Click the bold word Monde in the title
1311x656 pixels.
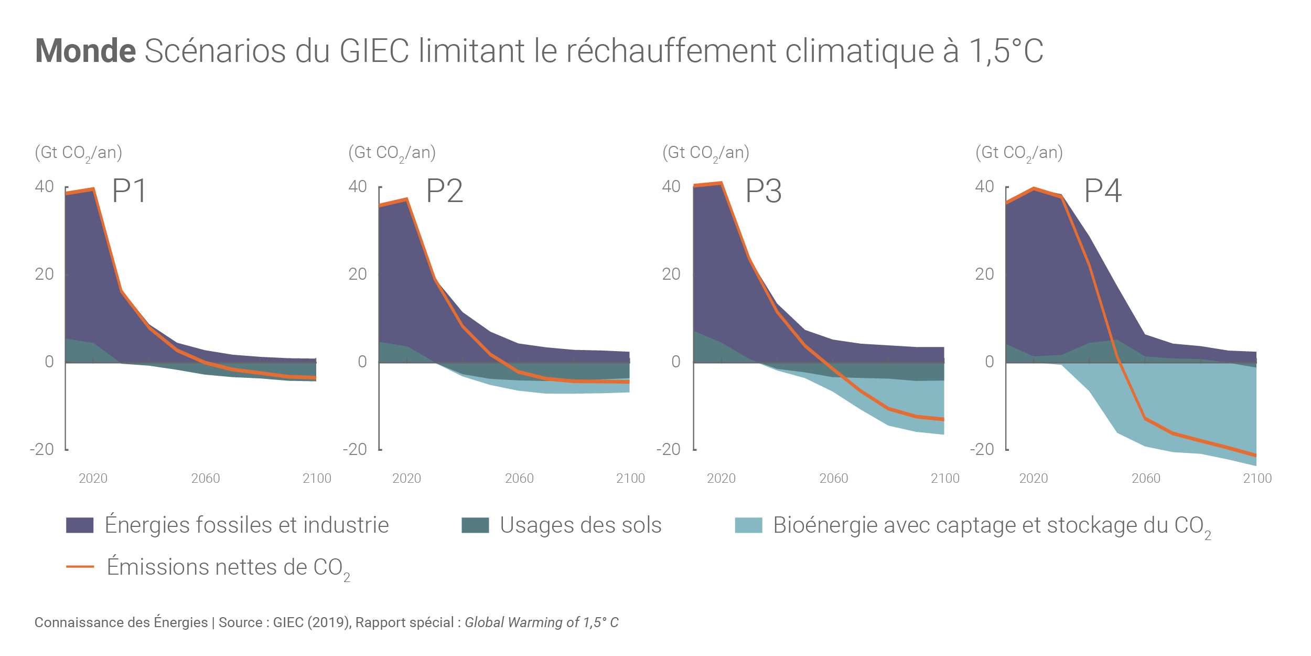pos(85,51)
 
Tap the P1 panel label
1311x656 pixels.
pos(129,191)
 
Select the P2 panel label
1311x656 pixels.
pos(444,191)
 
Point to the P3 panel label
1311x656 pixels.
pos(764,191)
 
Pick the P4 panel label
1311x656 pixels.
pos(1103,191)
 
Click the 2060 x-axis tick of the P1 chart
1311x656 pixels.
pos(206,478)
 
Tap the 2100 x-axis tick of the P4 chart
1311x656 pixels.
pos(1258,478)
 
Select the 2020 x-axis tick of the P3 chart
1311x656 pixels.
pos(721,478)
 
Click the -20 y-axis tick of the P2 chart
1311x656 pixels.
pos(355,449)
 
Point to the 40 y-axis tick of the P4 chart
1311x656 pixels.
pos(984,186)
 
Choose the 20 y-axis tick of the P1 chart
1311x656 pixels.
pos(45,274)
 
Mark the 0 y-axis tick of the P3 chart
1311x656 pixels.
pos(676,362)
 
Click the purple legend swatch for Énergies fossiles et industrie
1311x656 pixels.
pos(80,525)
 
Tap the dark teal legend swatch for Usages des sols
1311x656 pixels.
pos(475,525)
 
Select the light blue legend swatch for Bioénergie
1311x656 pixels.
pos(748,525)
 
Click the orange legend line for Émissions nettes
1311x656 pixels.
pos(80,567)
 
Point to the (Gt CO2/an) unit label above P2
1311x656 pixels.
pos(392,153)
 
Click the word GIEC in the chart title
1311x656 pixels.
pos(374,51)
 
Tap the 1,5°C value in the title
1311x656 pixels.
pos(1006,51)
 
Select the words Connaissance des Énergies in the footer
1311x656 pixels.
pos(121,622)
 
